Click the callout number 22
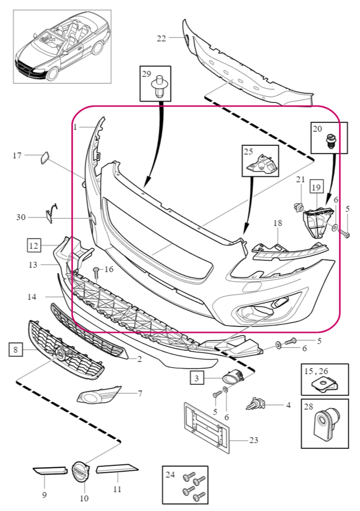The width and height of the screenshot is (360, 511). (x=162, y=38)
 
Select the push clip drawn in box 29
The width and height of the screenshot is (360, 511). (x=158, y=86)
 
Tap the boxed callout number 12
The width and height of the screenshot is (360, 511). (x=34, y=246)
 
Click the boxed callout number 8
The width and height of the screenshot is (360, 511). (x=16, y=350)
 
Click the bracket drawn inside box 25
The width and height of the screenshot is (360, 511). (x=261, y=165)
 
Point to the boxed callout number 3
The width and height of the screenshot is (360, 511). (x=197, y=378)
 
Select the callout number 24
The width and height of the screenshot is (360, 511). (x=170, y=475)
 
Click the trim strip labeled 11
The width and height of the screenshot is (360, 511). (x=117, y=469)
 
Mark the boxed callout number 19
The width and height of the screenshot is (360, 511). (x=316, y=187)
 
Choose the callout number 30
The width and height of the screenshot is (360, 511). (x=21, y=217)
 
